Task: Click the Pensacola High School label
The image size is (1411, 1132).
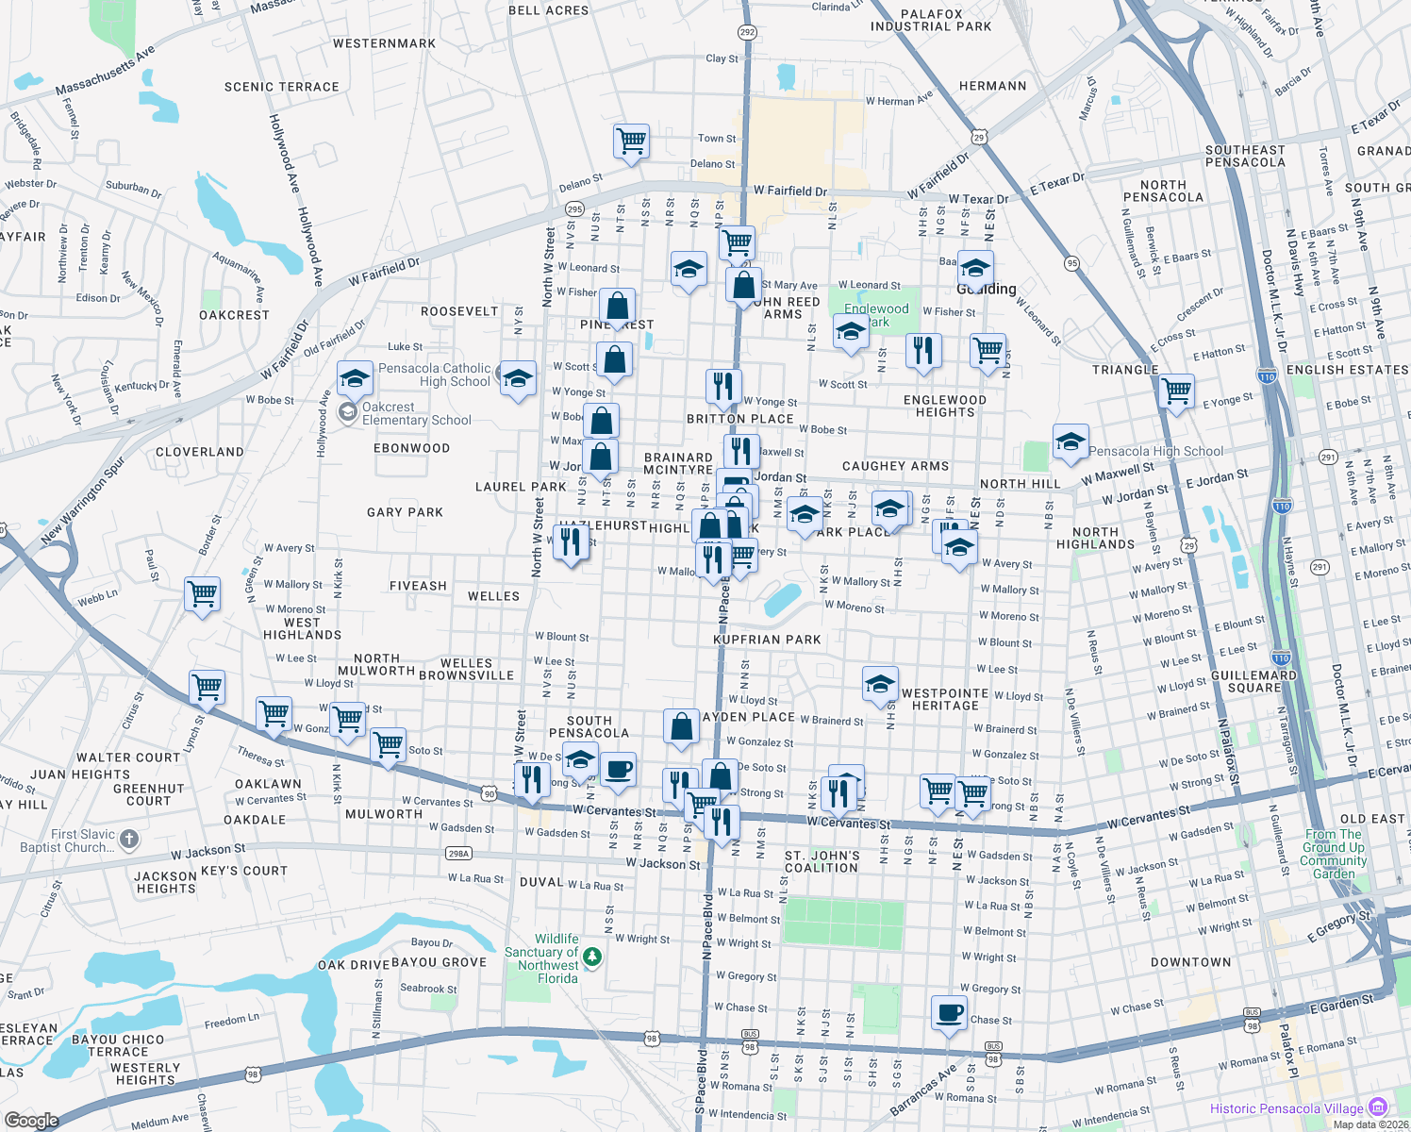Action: coord(1155,452)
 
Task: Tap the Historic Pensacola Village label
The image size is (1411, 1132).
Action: coord(1286,1108)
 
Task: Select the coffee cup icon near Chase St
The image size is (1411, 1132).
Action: coord(949,1012)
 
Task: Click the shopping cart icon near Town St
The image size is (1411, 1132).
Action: coord(630,141)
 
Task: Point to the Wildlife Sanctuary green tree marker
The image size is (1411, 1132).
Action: coord(592,957)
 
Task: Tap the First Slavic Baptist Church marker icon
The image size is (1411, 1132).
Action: coord(129,839)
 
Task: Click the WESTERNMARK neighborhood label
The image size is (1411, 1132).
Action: coord(384,43)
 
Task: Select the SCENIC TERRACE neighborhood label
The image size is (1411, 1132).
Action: coord(281,87)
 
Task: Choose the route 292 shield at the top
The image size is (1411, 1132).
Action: coord(747,32)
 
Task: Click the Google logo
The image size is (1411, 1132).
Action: coord(31,1121)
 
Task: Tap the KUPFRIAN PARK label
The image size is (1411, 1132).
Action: coord(767,640)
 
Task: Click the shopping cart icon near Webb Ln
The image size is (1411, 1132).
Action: coord(203,594)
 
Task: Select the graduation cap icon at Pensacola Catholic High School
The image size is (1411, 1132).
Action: coord(355,378)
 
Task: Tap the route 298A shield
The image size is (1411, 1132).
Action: coord(458,854)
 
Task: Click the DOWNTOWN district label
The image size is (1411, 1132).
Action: coord(1190,962)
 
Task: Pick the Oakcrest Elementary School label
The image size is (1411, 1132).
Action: coord(416,414)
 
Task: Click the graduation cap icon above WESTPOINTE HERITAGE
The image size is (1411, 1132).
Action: coord(880,683)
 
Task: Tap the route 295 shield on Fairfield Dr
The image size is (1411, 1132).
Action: coord(574,209)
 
